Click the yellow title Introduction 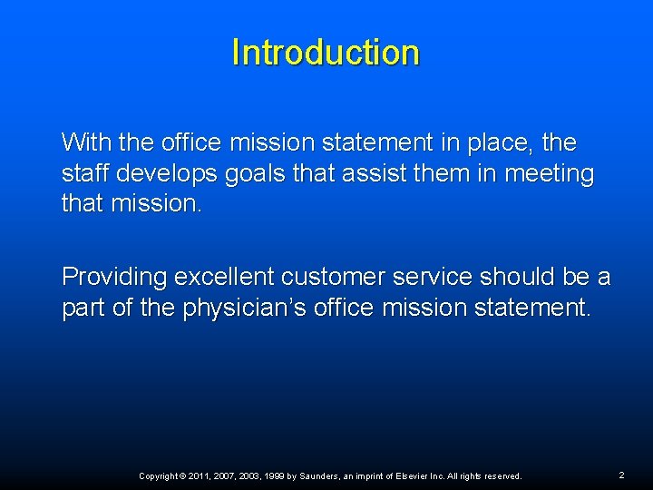point(326,53)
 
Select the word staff point(83,172)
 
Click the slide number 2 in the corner point(621,475)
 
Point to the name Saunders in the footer point(318,476)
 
